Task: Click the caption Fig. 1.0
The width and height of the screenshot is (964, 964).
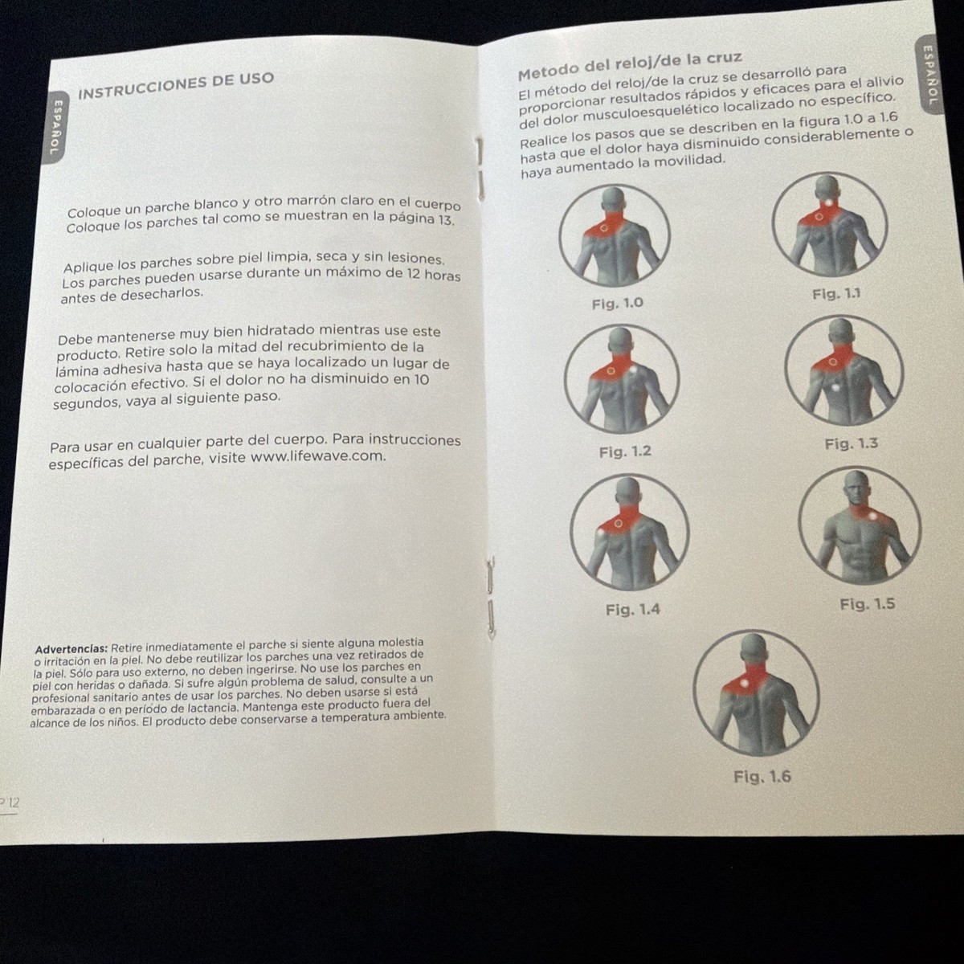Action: pos(617,304)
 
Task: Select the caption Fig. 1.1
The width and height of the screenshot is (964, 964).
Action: pos(835,294)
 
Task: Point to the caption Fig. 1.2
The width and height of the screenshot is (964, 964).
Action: pos(625,452)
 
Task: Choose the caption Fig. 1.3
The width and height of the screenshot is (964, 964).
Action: pos(851,443)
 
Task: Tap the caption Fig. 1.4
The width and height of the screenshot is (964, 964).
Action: pos(632,610)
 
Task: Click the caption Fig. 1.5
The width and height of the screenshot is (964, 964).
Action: pos(867,604)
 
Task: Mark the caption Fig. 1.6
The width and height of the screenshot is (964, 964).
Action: pos(762,777)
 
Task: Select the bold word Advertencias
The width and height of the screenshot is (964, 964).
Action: pos(71,647)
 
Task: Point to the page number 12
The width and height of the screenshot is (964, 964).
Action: pos(10,803)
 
